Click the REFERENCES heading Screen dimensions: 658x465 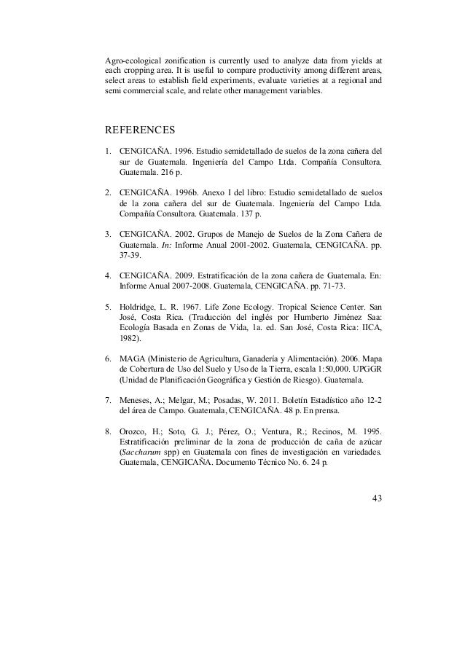(141, 131)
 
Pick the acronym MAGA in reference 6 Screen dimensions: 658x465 (132, 359)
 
